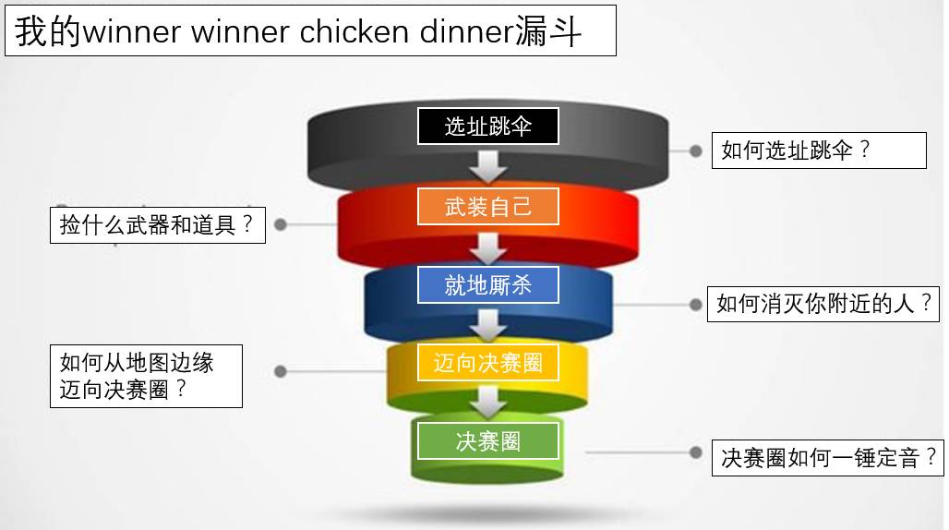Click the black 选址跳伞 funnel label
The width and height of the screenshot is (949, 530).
tap(488, 126)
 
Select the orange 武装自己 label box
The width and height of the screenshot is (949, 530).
tap(488, 207)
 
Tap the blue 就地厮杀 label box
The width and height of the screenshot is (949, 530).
tap(488, 285)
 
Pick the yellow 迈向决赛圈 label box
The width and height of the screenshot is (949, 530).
tap(488, 363)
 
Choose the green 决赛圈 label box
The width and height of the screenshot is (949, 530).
tap(488, 441)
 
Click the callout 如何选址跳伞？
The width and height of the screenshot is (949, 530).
tap(818, 151)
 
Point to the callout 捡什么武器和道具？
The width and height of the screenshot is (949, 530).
tap(158, 225)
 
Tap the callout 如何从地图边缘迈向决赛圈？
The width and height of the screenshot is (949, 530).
tap(147, 376)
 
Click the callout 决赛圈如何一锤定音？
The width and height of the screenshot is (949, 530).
tap(828, 457)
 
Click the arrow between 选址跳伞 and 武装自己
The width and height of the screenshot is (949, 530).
tap(488, 166)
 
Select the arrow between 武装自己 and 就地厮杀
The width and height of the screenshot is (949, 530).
tap(488, 247)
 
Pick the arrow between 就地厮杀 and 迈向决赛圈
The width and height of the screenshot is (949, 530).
tap(488, 324)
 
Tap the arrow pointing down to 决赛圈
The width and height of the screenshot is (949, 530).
tap(488, 402)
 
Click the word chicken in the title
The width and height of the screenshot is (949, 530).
tap(354, 33)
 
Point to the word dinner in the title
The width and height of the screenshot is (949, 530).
tap(465, 33)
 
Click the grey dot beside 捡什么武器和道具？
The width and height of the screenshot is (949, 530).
tap(281, 224)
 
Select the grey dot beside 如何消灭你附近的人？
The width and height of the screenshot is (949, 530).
tap(696, 304)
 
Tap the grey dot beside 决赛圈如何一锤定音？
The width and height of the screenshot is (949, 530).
tap(696, 452)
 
